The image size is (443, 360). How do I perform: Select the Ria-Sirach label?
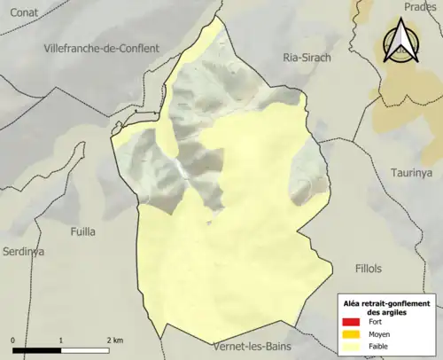point(306,57)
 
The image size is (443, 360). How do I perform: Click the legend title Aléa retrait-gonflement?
point(386,303)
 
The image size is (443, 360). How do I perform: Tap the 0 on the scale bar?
point(13,340)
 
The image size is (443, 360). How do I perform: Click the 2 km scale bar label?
point(114,340)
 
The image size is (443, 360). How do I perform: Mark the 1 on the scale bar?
point(60,340)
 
